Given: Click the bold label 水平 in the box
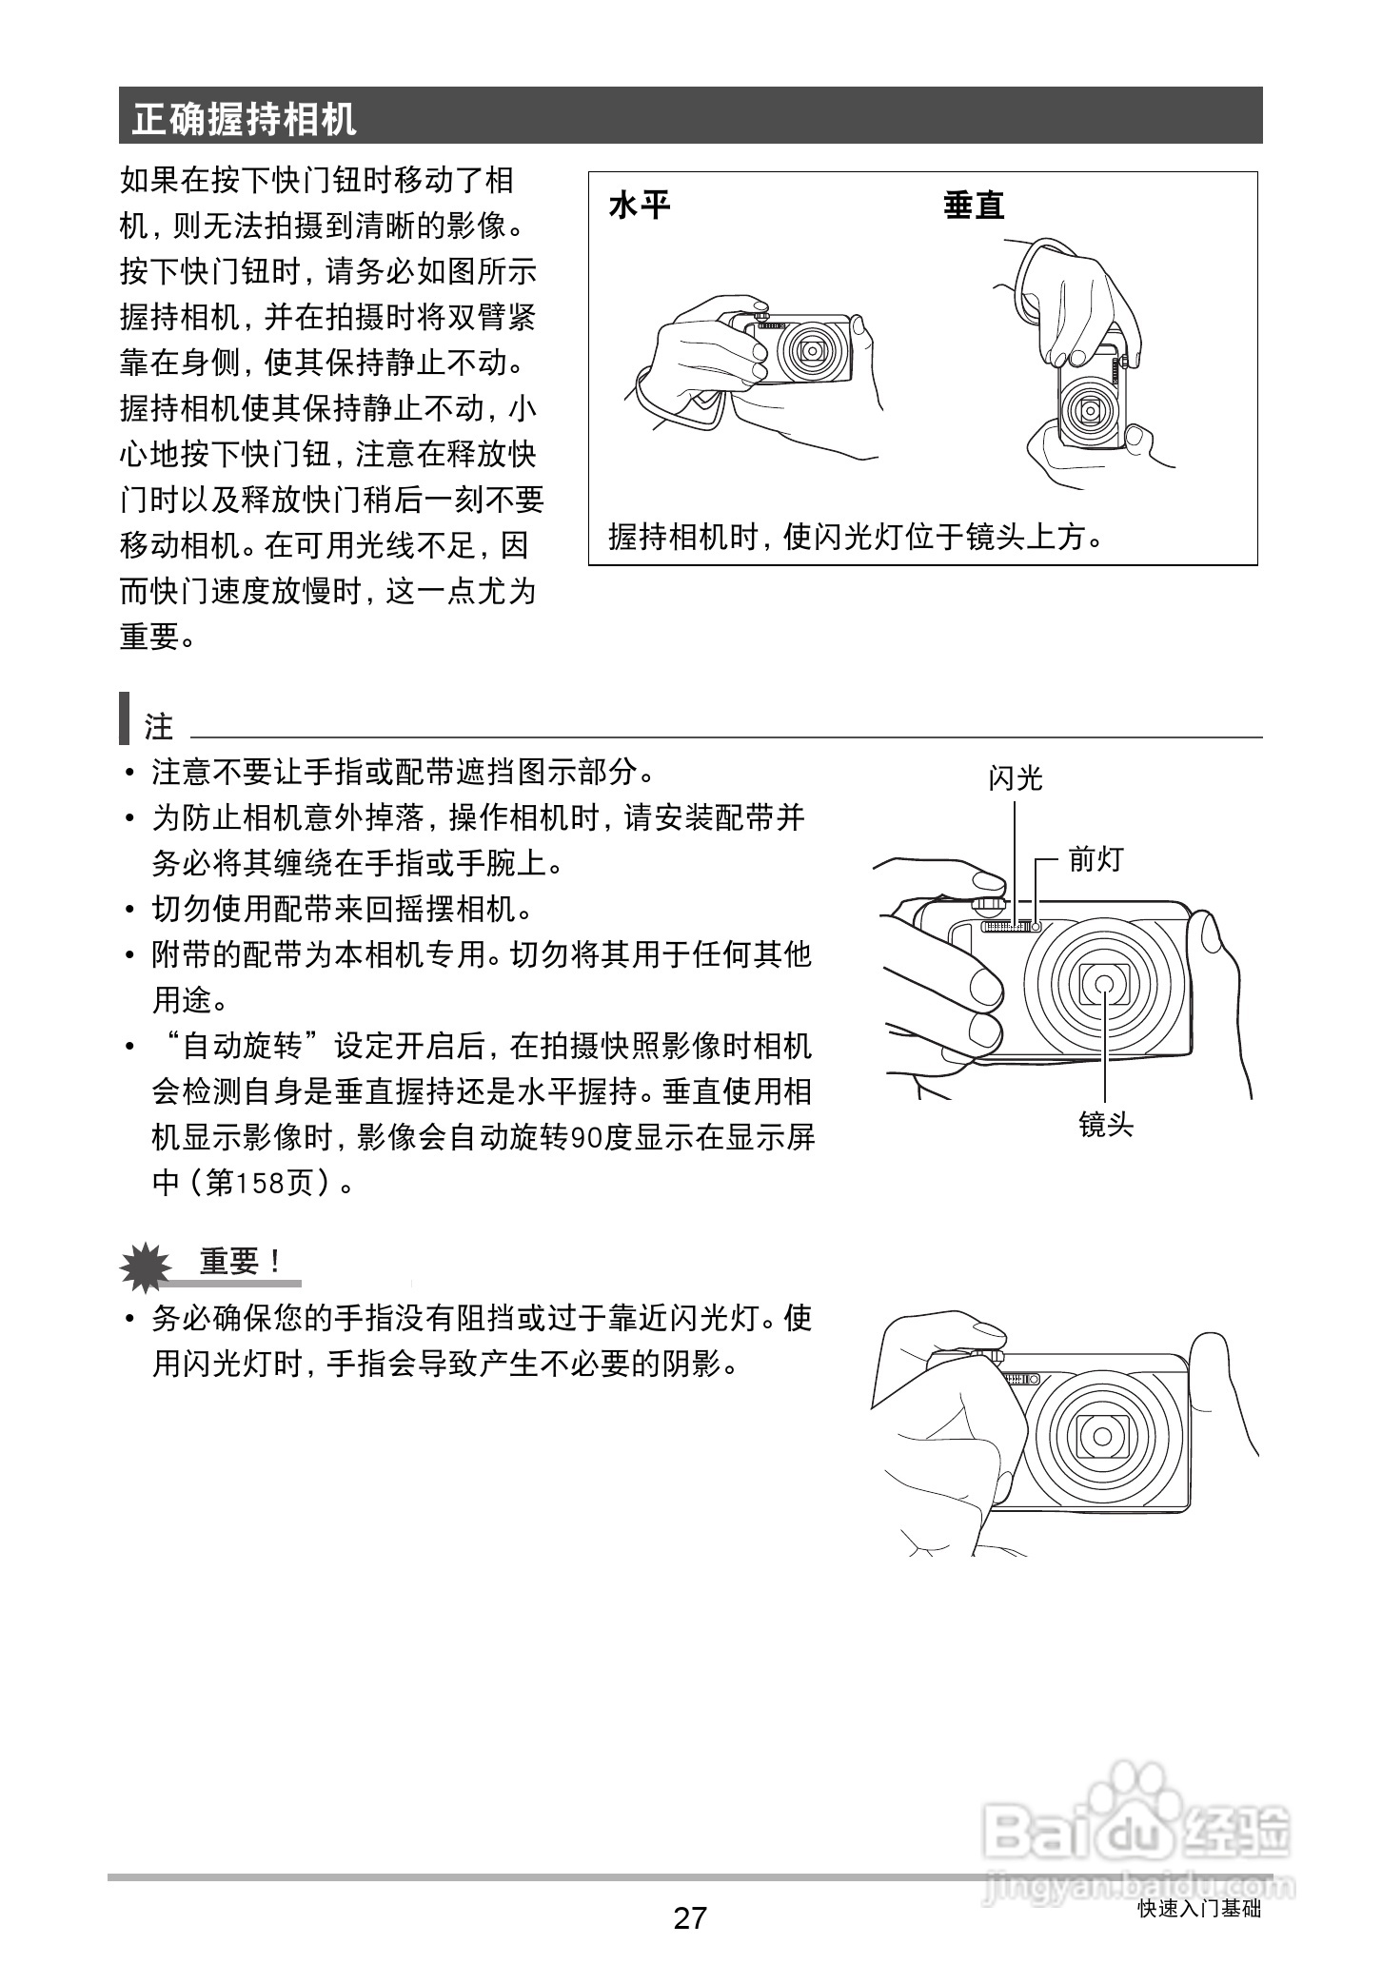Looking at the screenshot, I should coord(640,206).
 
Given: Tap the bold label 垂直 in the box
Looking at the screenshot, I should coord(974,206).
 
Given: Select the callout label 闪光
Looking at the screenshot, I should coord(1015,779).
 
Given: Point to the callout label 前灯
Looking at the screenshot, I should coord(1096,859).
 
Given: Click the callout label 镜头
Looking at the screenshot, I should coord(1106,1126).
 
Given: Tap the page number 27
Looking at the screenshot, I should coord(690,1917).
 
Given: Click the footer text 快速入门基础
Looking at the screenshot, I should coord(1199,1909).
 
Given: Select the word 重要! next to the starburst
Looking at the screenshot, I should coord(240,1263).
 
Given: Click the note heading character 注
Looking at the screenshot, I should coord(159,727).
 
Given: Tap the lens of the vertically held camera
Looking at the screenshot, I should coord(1088,411).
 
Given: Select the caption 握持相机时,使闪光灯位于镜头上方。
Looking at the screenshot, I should coord(857,538).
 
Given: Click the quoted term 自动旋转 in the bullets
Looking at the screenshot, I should coord(242,1047).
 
